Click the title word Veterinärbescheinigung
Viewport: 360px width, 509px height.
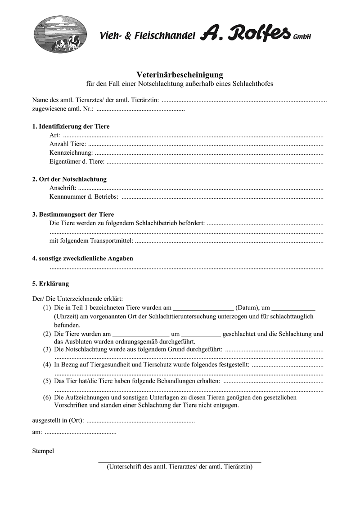tap(180, 75)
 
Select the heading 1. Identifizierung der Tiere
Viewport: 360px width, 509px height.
tap(71, 126)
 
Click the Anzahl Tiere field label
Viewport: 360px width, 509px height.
tap(67, 144)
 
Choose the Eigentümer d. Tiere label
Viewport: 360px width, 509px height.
tap(77, 161)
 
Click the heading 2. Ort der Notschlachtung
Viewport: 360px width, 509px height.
tap(69, 179)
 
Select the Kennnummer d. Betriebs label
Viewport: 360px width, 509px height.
tap(84, 196)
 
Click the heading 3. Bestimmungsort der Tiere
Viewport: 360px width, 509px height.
tap(73, 214)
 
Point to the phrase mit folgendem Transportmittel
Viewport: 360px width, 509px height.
tap(91, 241)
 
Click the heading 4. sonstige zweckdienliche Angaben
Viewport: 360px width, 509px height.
tap(82, 259)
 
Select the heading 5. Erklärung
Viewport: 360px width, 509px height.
tap(50, 284)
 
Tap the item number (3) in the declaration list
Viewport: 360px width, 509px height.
tap(47, 349)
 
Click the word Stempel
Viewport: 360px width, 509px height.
tap(43, 451)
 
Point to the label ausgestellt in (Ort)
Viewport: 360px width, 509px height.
tap(58, 421)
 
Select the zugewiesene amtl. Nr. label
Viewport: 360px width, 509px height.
tap(63, 109)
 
